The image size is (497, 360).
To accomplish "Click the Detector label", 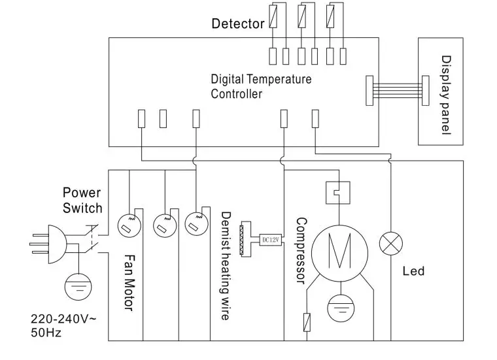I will tap(237, 24).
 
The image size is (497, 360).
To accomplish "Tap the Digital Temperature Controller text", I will tap(261, 86).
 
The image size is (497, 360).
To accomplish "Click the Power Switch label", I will tap(82, 200).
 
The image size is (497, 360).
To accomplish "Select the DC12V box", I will tap(270, 238).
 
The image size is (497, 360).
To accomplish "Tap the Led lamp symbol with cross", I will tap(390, 244).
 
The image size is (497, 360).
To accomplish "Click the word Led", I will tap(413, 270).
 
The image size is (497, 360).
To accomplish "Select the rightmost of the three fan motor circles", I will tap(195, 224).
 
